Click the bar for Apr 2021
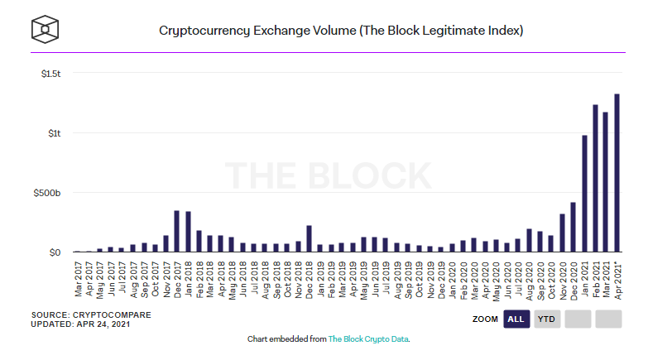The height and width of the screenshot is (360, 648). click(617, 173)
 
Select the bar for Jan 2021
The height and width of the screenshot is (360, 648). click(583, 194)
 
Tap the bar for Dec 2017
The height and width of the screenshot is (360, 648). click(176, 231)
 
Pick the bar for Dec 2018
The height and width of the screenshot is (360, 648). click(308, 238)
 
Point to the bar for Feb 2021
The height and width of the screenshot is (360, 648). click(595, 178)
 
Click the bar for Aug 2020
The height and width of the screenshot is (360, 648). click(529, 240)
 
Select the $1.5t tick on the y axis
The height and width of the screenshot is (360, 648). click(50, 74)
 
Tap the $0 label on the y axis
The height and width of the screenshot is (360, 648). click(55, 252)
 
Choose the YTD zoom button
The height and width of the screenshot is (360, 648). click(546, 319)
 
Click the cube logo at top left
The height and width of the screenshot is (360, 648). click(44, 29)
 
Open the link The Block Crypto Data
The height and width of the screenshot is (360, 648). click(368, 339)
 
